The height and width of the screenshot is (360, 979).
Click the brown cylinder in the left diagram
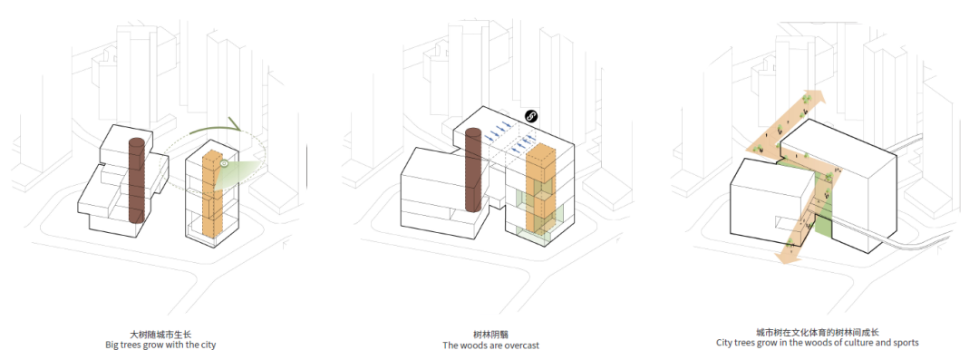pos(137,181)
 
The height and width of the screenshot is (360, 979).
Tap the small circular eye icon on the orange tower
pos(225,164)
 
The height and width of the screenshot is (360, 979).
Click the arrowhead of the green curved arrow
pos(237,125)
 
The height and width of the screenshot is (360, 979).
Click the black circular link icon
pos(532,116)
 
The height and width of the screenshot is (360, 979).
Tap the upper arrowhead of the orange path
pos(815,100)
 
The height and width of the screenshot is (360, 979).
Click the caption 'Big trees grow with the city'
pos(160,345)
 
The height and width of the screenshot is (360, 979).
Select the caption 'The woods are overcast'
pos(490,345)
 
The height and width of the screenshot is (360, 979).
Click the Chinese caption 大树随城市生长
pos(160,333)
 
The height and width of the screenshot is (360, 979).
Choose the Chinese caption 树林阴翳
pos(490,333)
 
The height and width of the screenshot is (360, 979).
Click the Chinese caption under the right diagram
pos(818,332)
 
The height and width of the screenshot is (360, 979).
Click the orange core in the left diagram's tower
pos(212,195)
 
